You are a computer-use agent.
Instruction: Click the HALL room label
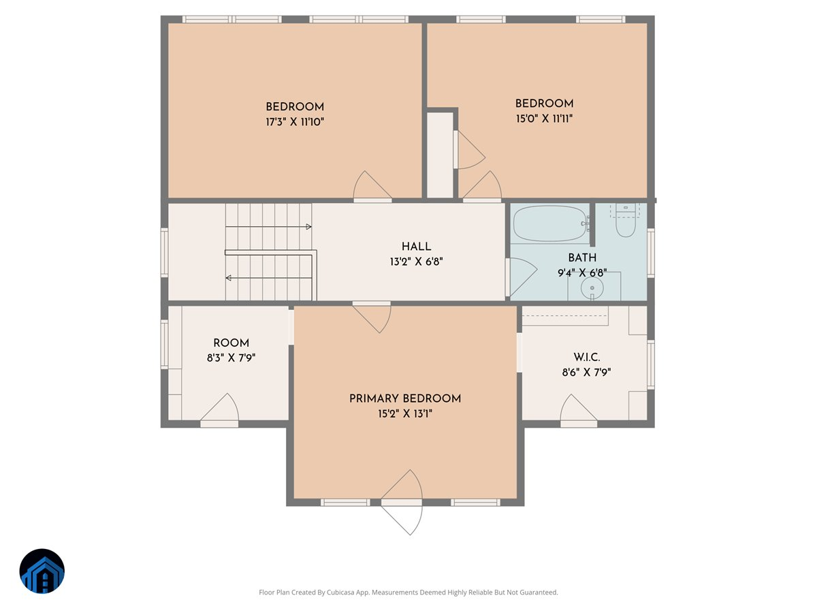[415, 247]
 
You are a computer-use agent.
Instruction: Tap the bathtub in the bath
[550, 223]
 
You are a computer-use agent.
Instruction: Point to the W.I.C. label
[586, 358]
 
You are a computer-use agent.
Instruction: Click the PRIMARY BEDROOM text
[405, 398]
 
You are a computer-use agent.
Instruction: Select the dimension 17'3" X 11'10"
[295, 122]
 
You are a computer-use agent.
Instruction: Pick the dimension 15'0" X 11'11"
[544, 119]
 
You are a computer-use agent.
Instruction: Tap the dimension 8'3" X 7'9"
[231, 357]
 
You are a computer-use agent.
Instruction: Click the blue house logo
[42, 571]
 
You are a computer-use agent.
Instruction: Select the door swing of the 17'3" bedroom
[372, 186]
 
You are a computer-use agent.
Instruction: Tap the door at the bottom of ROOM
[220, 411]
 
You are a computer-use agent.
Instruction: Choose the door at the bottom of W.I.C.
[578, 411]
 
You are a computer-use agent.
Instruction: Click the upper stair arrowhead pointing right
[308, 226]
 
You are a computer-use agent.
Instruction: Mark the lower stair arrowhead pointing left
[229, 278]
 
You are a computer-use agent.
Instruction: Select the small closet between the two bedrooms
[439, 155]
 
